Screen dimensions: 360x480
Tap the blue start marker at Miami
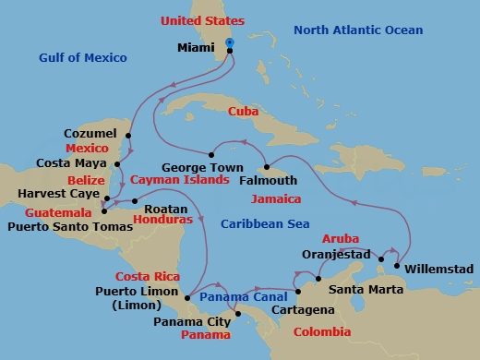point(230,42)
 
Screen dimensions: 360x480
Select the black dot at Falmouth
point(265,168)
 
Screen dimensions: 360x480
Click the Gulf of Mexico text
point(83,58)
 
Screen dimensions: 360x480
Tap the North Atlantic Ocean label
point(358,30)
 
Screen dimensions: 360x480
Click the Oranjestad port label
point(337,254)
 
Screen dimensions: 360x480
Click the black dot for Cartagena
point(298,293)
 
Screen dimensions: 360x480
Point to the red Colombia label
point(318,331)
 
